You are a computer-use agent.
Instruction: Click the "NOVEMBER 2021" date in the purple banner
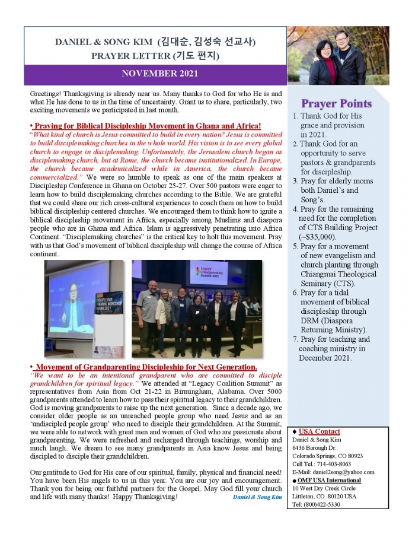tap(159, 74)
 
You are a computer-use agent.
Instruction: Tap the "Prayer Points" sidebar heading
tap(336, 103)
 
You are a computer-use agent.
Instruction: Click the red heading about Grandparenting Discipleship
tap(146, 367)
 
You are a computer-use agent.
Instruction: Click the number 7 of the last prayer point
tap(295, 339)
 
